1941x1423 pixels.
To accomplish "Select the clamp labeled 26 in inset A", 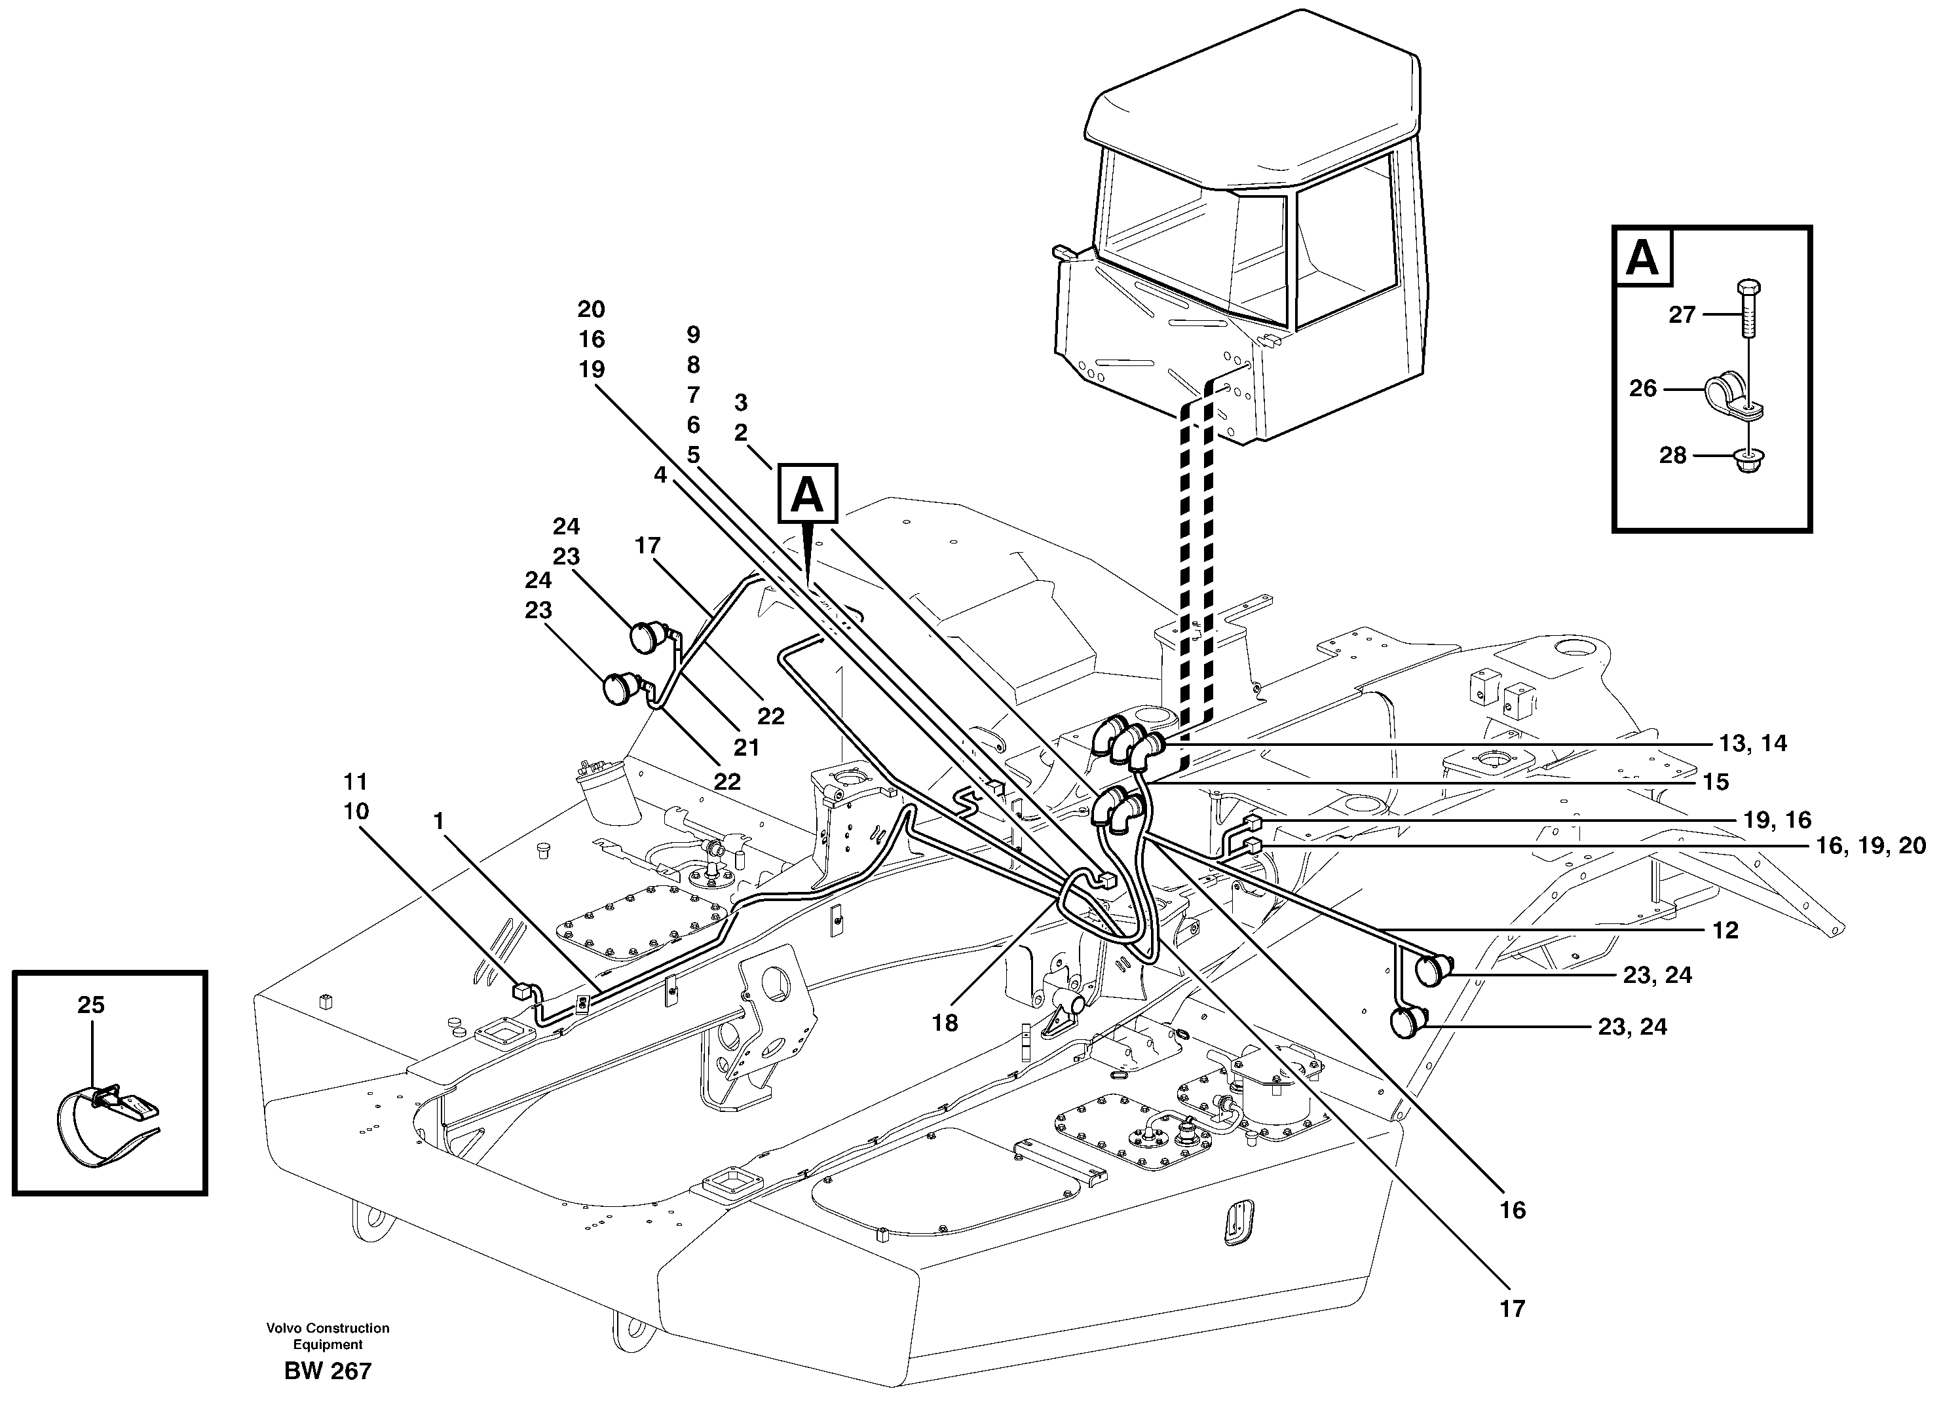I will (x=1731, y=394).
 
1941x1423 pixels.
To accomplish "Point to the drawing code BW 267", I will (x=328, y=1371).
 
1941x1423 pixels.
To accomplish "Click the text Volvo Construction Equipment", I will (x=328, y=1336).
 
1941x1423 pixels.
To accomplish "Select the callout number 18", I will (x=944, y=1024).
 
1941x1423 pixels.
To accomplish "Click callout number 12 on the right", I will (x=1725, y=931).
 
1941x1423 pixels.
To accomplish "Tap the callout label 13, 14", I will (x=1752, y=743).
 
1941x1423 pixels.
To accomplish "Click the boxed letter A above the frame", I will (x=807, y=494).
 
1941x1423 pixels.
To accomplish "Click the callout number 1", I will (x=438, y=822).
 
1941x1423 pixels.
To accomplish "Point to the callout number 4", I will (x=660, y=475).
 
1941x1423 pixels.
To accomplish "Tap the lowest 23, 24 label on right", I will (x=1632, y=1027).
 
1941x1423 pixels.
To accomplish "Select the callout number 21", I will (x=746, y=748).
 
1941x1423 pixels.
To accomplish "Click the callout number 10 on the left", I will (x=356, y=811).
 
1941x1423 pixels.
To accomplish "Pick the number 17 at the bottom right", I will (x=1512, y=1309).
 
